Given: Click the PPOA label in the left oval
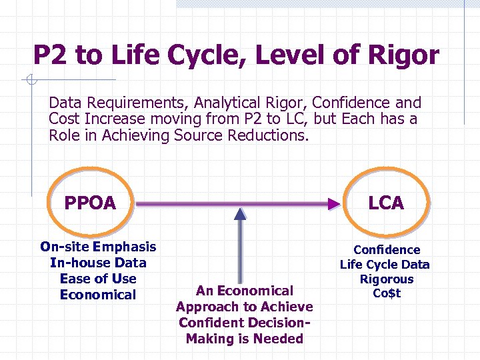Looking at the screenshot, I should (90, 203).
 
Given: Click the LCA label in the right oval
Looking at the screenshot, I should (386, 203).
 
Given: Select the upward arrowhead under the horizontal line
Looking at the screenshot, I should (240, 213).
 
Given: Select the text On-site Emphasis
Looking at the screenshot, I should (98, 247).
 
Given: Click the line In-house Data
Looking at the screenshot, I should (98, 263).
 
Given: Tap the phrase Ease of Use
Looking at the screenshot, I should (98, 279).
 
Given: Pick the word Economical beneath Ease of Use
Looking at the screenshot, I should (98, 295).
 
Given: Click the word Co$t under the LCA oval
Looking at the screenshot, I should (386, 294).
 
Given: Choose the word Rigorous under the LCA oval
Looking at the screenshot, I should (386, 279).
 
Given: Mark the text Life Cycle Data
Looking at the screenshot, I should (385, 265).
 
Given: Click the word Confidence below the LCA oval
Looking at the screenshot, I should (387, 250).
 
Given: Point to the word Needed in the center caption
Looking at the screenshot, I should (277, 339).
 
